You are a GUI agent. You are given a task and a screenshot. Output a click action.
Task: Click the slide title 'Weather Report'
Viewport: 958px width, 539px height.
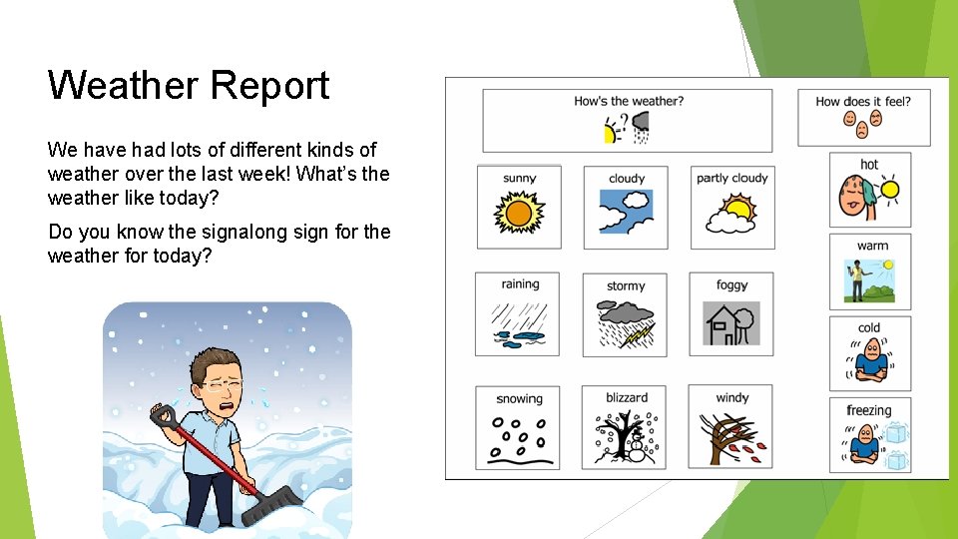pos(189,86)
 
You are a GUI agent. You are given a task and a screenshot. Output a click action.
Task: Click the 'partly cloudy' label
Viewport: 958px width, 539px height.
pos(732,179)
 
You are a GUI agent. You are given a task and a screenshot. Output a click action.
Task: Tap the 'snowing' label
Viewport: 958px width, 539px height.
pos(519,399)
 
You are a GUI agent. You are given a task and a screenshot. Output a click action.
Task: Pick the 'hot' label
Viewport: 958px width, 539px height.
pos(869,165)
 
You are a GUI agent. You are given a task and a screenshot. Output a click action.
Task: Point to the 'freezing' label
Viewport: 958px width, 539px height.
pos(869,410)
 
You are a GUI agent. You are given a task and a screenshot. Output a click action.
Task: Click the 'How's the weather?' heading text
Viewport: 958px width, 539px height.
pos(629,101)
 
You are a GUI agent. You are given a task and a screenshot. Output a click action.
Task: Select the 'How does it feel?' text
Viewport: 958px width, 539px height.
pos(863,101)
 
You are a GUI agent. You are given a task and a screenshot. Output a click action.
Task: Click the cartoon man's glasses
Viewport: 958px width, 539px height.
pos(224,382)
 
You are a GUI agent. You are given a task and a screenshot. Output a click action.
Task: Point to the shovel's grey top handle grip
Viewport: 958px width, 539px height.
pos(161,412)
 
